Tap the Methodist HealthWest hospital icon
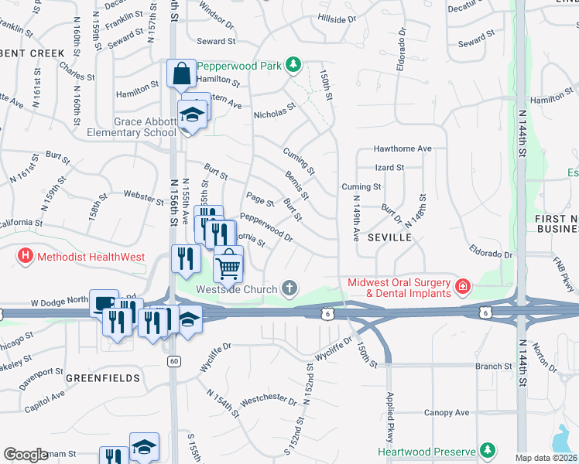pos(26,254)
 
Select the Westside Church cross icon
pos(289,289)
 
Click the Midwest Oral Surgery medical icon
pos(463,288)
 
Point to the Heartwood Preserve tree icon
pos(487,451)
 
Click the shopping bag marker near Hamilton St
pos(181,74)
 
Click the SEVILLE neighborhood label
pos(390,237)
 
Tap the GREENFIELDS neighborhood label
pos(103,378)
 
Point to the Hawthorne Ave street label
pos(402,148)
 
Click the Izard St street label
pos(389,167)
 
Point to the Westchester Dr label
pos(269,401)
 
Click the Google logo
pos(26,455)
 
